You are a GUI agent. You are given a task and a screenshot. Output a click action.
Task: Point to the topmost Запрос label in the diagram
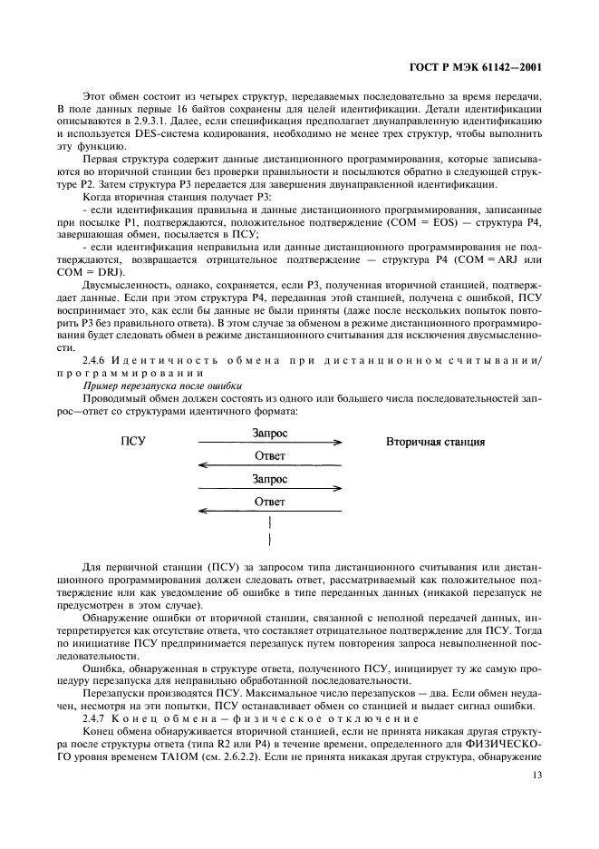269,433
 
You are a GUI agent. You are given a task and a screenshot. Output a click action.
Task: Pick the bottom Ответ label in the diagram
269,500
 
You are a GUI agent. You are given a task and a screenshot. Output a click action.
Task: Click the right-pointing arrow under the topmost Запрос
269,443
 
